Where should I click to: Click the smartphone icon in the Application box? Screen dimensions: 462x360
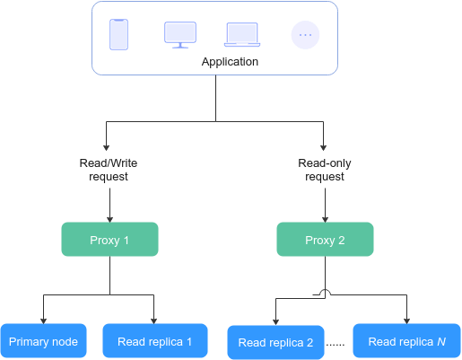tap(118, 34)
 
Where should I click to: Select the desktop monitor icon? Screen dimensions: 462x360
tap(180, 35)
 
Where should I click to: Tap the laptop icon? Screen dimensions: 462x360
tap(242, 35)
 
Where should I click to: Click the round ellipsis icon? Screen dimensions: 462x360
tap(305, 35)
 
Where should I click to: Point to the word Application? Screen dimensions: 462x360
tap(230, 62)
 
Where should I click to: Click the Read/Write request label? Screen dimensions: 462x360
tap(109, 170)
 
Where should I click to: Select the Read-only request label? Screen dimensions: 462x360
tap(325, 170)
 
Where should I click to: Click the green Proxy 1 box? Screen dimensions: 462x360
tap(109, 239)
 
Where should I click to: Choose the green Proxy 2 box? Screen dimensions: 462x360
tap(325, 239)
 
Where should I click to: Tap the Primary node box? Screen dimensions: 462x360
tap(44, 341)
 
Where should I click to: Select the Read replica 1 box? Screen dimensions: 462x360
tap(155, 341)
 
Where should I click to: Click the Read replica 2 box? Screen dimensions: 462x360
tap(275, 342)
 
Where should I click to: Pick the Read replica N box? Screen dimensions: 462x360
tap(406, 341)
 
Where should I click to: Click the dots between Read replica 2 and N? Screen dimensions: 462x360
tap(336, 345)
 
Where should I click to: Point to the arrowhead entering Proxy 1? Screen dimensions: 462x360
tap(109, 220)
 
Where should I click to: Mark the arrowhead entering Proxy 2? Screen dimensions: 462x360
tap(325, 220)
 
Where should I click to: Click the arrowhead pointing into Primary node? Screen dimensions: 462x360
tap(43, 321)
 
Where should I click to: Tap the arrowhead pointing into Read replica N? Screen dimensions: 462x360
tap(406, 321)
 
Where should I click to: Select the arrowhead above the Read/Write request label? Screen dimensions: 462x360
tap(106, 148)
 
